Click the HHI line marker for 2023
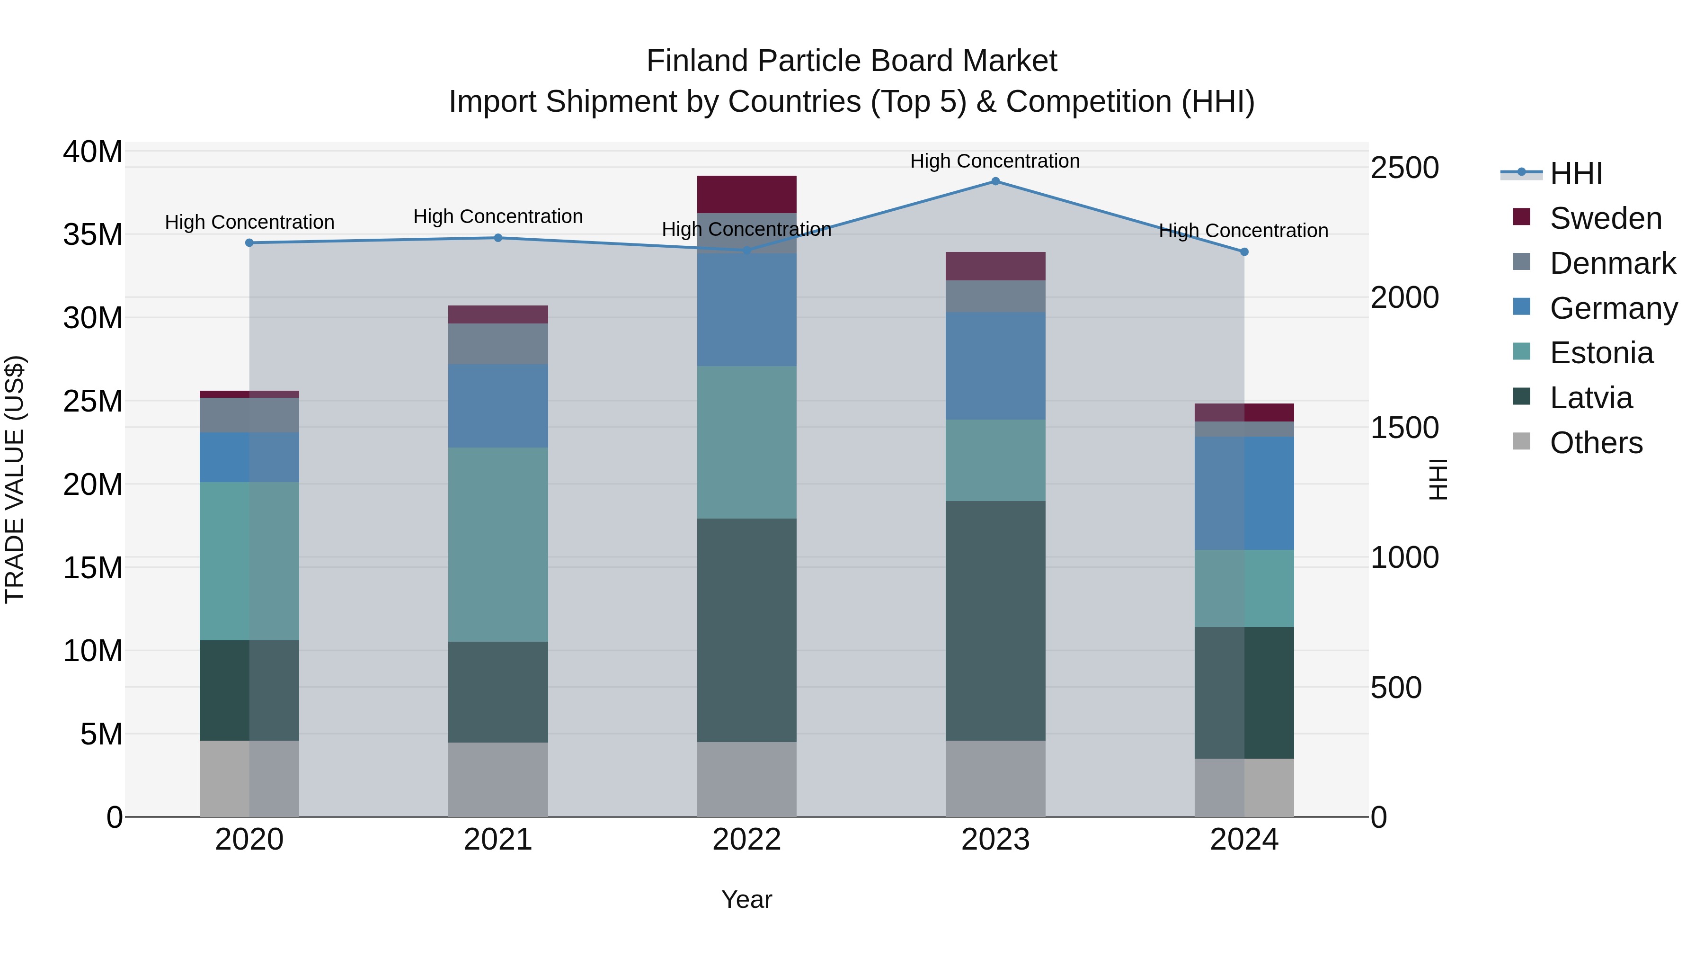[995, 181]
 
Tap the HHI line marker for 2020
[249, 243]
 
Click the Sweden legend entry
[1606, 218]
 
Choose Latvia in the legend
[1591, 398]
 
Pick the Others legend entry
[1596, 443]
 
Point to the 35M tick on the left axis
[93, 235]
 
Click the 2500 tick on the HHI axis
[1404, 168]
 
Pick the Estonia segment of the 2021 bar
[498, 544]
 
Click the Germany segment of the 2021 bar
[498, 406]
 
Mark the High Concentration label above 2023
[995, 161]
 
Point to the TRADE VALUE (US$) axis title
[15, 479]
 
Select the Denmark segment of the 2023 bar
[995, 296]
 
